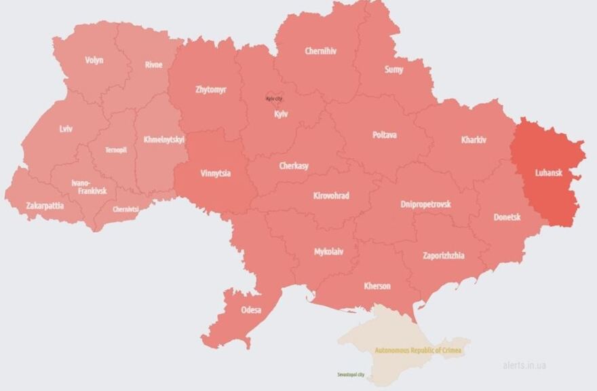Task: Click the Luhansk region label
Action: pyautogui.click(x=548, y=173)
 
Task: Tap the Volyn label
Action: pyautogui.click(x=94, y=60)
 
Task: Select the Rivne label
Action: pyautogui.click(x=153, y=65)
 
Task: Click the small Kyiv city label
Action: pyautogui.click(x=274, y=99)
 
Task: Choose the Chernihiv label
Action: pyautogui.click(x=320, y=51)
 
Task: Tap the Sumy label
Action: pyautogui.click(x=393, y=69)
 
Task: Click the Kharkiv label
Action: pyautogui.click(x=474, y=140)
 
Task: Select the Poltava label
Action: pyautogui.click(x=385, y=135)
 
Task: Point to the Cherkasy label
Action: pyautogui.click(x=294, y=166)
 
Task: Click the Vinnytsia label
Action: pyautogui.click(x=215, y=173)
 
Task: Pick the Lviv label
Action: pyautogui.click(x=66, y=128)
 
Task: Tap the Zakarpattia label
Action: pyautogui.click(x=45, y=205)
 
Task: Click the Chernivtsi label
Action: pyautogui.click(x=126, y=210)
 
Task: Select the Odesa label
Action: pyautogui.click(x=251, y=310)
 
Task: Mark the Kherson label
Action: pyautogui.click(x=377, y=286)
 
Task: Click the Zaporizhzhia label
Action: pyautogui.click(x=443, y=255)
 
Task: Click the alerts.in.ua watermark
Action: pyautogui.click(x=524, y=365)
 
